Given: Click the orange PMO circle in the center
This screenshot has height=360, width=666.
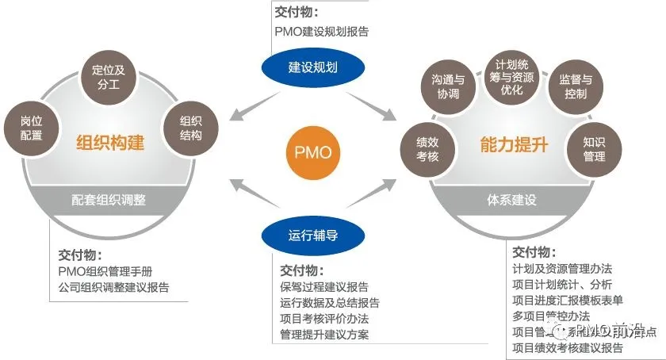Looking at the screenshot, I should click(x=313, y=151).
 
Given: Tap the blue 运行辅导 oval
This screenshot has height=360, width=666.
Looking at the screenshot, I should click(x=312, y=234).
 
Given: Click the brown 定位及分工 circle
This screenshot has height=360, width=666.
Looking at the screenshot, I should click(x=109, y=79).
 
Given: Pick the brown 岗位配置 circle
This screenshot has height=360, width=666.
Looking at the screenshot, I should click(x=33, y=128).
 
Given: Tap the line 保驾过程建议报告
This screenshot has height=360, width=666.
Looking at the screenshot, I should click(x=324, y=286).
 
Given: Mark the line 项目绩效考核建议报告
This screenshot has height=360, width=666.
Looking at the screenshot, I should click(x=568, y=347).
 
